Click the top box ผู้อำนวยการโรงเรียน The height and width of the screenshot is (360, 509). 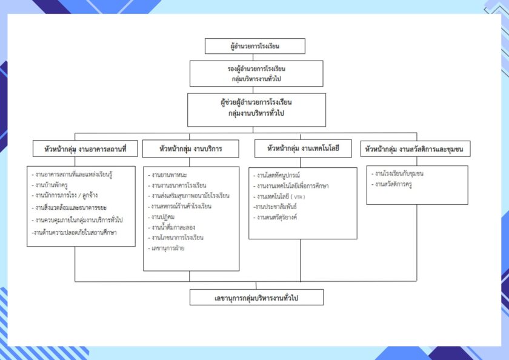coord(254,46)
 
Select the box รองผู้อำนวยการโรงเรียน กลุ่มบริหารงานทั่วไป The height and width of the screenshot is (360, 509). coord(254,73)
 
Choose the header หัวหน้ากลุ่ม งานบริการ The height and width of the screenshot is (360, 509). coord(190,148)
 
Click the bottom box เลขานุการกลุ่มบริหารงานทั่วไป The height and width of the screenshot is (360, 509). coord(256,298)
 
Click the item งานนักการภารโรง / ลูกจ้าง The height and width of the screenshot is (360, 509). coord(68,195)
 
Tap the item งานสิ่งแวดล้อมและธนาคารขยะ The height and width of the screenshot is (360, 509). coord(73,207)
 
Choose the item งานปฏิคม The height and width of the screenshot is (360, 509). coord(163,216)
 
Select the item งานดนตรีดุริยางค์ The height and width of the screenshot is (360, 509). coord(277,216)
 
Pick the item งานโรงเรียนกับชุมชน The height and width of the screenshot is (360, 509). coord(399,174)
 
